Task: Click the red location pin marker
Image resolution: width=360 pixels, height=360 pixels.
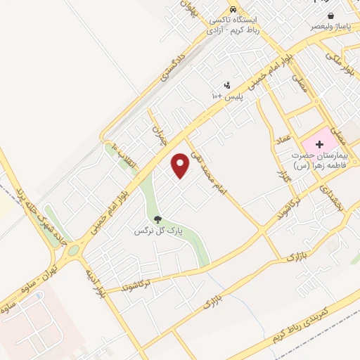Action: [181, 165]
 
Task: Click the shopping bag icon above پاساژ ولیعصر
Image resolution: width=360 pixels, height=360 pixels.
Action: [330, 15]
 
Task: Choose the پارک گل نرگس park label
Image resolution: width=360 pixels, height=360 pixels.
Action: [158, 230]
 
